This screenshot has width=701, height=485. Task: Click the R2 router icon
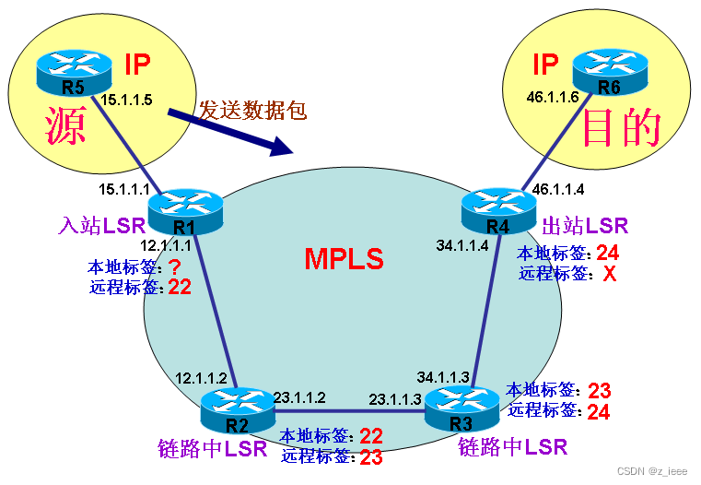(x=238, y=409)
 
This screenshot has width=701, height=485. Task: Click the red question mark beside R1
(x=172, y=266)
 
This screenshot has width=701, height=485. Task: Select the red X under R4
(x=608, y=274)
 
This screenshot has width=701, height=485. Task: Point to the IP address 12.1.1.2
(x=200, y=379)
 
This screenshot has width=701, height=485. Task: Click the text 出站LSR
(x=585, y=225)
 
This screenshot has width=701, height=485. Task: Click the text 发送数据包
(x=251, y=110)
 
